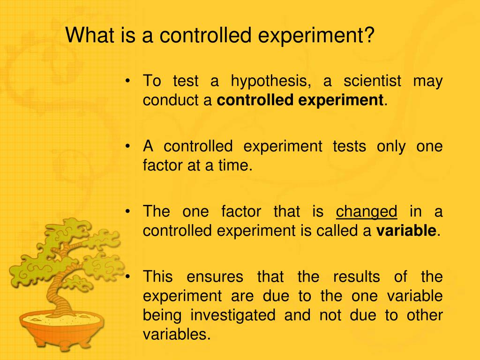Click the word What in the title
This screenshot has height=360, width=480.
click(x=86, y=36)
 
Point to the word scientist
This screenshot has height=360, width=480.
click(x=372, y=82)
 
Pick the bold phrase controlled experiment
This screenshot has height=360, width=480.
click(x=300, y=100)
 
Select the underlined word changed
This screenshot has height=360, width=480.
click(x=367, y=212)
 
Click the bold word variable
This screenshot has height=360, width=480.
click(x=406, y=231)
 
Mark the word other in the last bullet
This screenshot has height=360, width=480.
click(x=425, y=315)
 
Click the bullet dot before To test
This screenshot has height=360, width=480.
click(x=128, y=82)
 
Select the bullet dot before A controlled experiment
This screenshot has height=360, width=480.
click(x=128, y=147)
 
